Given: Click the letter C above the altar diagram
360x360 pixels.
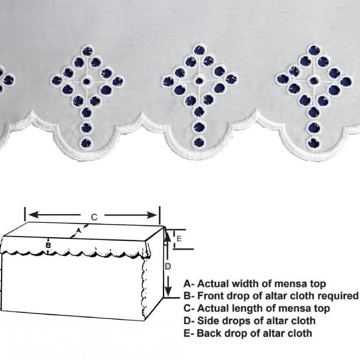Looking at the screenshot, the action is tap(94, 217).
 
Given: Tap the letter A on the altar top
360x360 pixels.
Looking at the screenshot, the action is tap(78, 230).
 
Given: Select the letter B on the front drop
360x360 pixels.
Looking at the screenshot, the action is tap(48, 245).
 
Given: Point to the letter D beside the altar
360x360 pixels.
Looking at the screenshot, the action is tap(168, 267).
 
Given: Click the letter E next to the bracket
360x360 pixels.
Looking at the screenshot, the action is tap(179, 239).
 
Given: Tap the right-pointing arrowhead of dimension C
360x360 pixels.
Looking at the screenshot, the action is tap(152, 216).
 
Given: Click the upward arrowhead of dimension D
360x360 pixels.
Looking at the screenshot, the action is tap(168, 237).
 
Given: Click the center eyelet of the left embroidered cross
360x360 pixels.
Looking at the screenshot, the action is tap(87, 81).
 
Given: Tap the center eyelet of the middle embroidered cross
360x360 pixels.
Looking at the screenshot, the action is tap(199, 80).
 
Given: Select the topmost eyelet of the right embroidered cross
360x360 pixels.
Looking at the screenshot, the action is tap(314, 50).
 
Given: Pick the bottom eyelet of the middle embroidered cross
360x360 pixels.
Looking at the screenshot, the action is tap(199, 142).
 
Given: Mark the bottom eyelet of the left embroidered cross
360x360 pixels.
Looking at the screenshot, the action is tap(86, 143).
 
